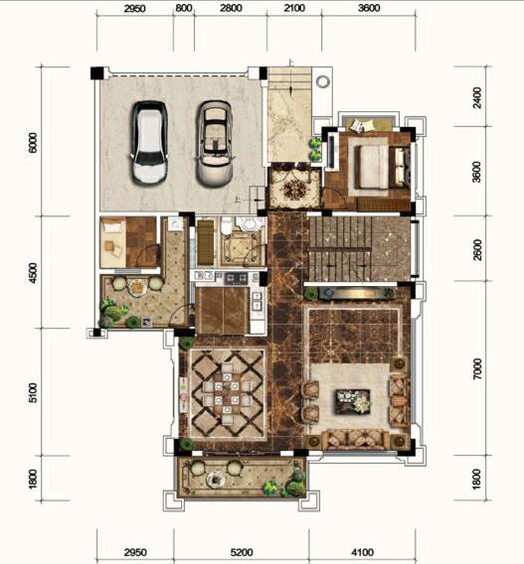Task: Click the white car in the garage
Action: click(149, 143)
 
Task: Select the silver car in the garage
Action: click(215, 144)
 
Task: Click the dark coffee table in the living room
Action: click(353, 401)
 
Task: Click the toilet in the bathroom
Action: click(227, 224)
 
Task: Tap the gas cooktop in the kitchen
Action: click(237, 277)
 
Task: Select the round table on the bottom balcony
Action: click(216, 480)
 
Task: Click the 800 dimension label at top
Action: click(184, 8)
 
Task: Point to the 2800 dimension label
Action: click(231, 8)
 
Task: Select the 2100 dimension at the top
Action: click(294, 8)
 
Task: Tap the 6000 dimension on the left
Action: click(33, 142)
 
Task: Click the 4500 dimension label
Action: click(33, 273)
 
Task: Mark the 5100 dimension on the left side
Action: click(33, 392)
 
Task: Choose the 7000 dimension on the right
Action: click(477, 368)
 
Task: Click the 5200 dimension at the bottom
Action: click(242, 552)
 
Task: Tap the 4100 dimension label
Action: click(362, 552)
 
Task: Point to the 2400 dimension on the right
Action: click(477, 97)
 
